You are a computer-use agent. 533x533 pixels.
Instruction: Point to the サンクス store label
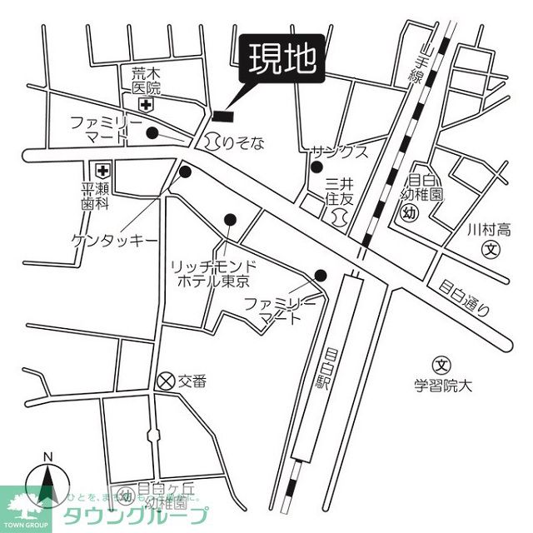340,152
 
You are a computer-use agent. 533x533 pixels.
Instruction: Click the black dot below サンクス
316,167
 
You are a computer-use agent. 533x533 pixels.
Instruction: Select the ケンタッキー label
114,240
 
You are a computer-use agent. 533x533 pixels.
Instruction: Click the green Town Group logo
26,509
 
